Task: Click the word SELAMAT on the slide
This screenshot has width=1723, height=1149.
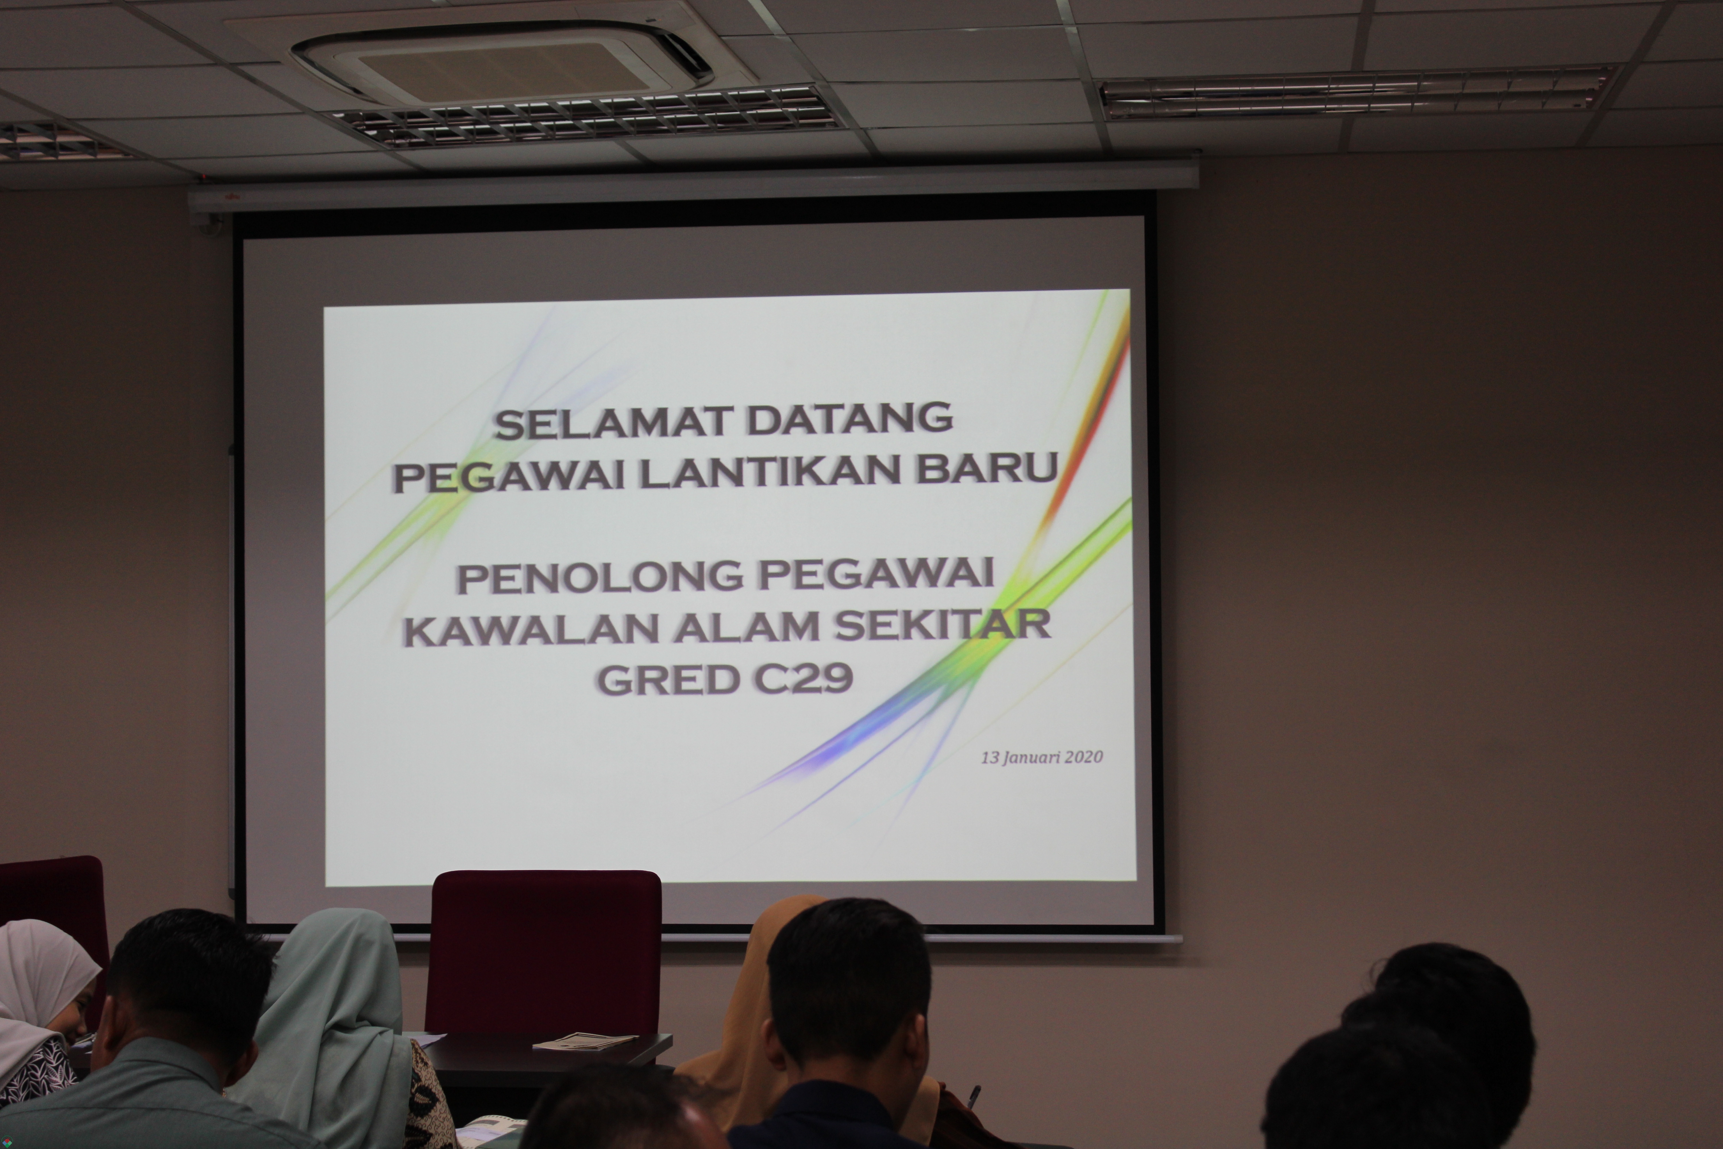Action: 614,423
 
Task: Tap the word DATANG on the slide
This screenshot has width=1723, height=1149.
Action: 850,419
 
